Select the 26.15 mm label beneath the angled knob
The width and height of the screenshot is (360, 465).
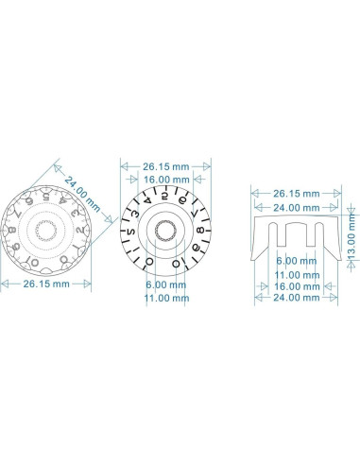click(x=46, y=283)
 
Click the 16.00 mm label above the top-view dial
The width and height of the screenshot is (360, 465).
click(x=166, y=179)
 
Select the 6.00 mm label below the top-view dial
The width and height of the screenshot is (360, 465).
click(x=166, y=284)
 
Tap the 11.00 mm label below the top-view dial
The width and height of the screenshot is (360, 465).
click(x=166, y=298)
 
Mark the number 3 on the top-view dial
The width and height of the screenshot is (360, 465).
click(x=135, y=214)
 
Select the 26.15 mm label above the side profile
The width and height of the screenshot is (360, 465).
click(x=295, y=193)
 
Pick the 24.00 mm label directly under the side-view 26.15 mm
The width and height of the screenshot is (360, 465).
click(x=295, y=207)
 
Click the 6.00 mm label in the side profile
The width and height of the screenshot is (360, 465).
click(x=295, y=260)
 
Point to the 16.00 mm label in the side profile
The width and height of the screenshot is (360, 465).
click(x=295, y=284)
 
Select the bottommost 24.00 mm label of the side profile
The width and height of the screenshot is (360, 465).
click(x=295, y=297)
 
